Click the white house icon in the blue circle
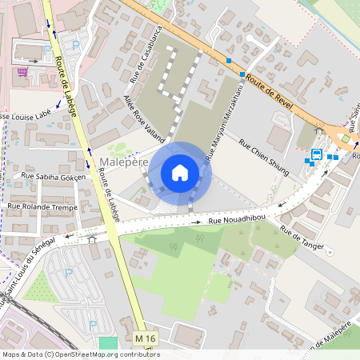(x=180, y=173)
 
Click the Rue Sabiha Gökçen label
(x=47, y=176)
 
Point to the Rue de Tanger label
(x=302, y=238)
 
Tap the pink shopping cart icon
(x=23, y=72)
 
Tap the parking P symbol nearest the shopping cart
(x=47, y=48)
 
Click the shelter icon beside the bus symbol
(x=320, y=131)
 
